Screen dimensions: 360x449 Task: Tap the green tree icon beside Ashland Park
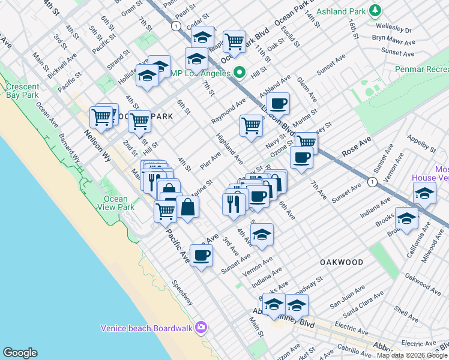(x=375, y=10)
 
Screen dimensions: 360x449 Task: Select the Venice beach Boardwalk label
(x=146, y=328)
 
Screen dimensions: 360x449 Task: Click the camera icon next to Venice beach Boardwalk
(x=200, y=328)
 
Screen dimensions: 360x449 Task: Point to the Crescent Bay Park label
(x=23, y=91)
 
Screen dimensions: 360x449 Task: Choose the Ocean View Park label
(x=118, y=203)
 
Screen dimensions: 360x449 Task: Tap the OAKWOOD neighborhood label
(x=342, y=262)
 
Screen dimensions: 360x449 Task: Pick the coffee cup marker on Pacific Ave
(x=201, y=254)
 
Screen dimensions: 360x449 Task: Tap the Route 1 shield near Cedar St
(x=175, y=26)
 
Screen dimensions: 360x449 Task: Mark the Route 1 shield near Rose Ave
(x=373, y=181)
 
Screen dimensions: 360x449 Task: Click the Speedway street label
(x=182, y=292)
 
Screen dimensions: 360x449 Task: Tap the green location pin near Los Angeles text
(x=240, y=73)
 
